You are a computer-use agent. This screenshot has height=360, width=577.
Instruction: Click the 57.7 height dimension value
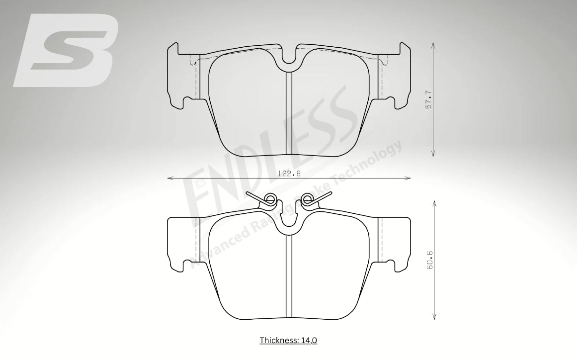coord(428,100)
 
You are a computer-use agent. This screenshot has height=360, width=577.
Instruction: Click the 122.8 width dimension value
coord(289,174)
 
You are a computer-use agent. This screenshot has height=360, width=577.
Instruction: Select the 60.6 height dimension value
coord(429,260)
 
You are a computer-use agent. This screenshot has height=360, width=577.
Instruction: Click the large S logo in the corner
coord(66,50)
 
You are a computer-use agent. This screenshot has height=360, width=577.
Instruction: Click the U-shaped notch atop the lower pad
coord(288,223)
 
